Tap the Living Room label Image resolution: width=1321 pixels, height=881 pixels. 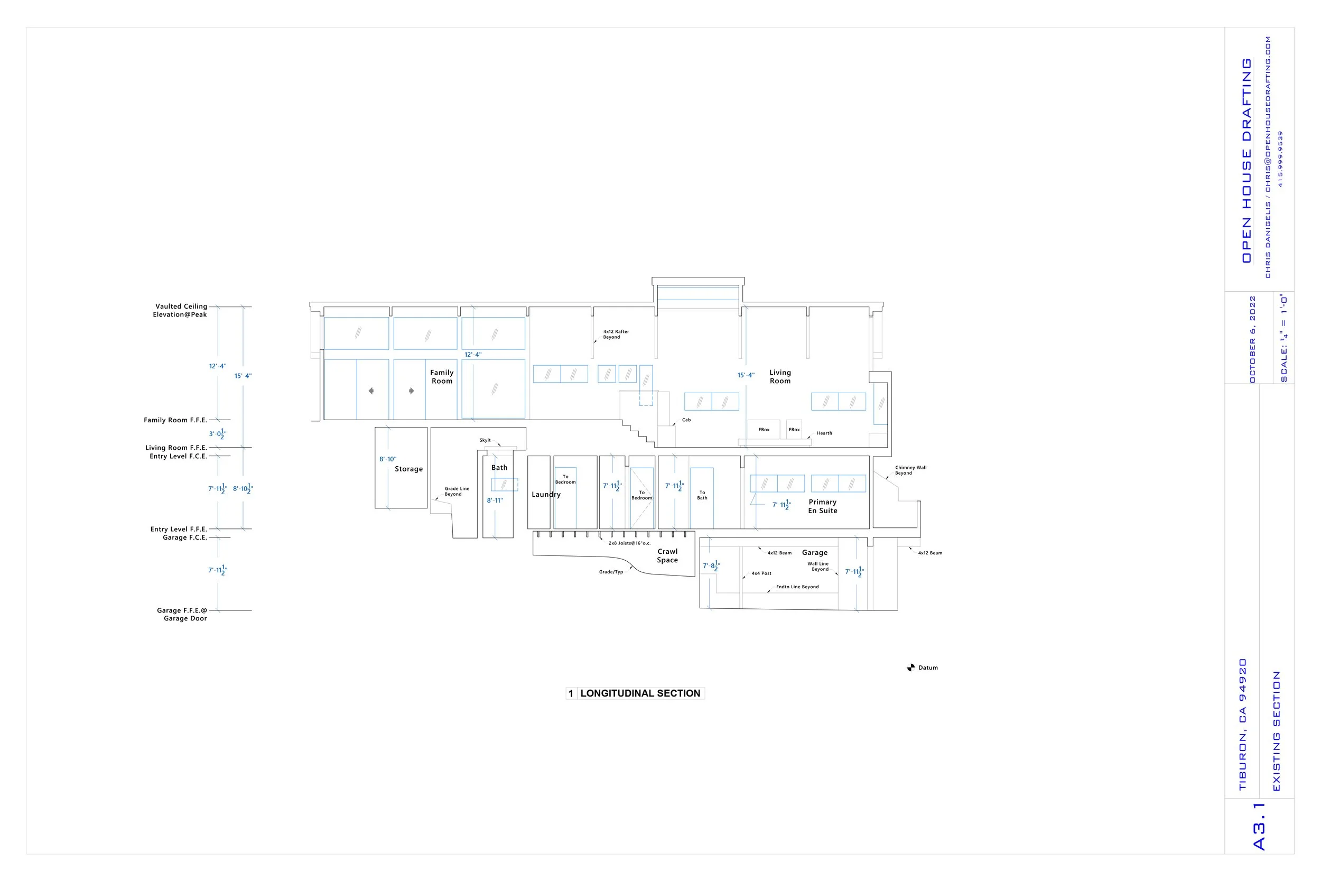pyautogui.click(x=779, y=376)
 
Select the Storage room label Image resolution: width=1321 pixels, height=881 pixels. pyautogui.click(x=408, y=469)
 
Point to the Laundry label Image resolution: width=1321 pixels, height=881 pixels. pyautogui.click(x=546, y=495)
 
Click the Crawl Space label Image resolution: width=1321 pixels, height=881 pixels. pyautogui.click(x=667, y=555)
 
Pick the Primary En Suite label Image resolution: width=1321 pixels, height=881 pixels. pyautogui.click(x=822, y=506)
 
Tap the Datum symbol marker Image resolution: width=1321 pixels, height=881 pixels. pyautogui.click(x=910, y=667)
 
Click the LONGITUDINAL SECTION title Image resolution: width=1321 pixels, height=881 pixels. pyautogui.click(x=640, y=693)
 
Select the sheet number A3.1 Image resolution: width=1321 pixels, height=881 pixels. pyautogui.click(x=1259, y=826)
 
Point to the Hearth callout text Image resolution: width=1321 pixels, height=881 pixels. pyautogui.click(x=824, y=433)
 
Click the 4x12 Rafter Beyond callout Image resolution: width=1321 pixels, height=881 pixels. pyautogui.click(x=616, y=335)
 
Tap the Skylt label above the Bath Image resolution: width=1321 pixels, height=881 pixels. pyautogui.click(x=485, y=441)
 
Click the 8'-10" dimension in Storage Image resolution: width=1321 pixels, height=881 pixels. pyautogui.click(x=387, y=459)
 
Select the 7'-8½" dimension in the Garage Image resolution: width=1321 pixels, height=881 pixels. pyautogui.click(x=711, y=566)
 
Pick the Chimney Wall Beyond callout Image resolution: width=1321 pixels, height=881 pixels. pyautogui.click(x=910, y=470)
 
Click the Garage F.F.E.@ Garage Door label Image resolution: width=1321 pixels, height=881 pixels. pyautogui.click(x=182, y=614)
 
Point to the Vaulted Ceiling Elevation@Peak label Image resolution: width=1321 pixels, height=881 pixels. pyautogui.click(x=180, y=310)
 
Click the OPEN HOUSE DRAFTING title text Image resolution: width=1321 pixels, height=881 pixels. pyautogui.click(x=1246, y=160)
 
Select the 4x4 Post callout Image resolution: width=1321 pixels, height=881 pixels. pyautogui.click(x=761, y=573)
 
